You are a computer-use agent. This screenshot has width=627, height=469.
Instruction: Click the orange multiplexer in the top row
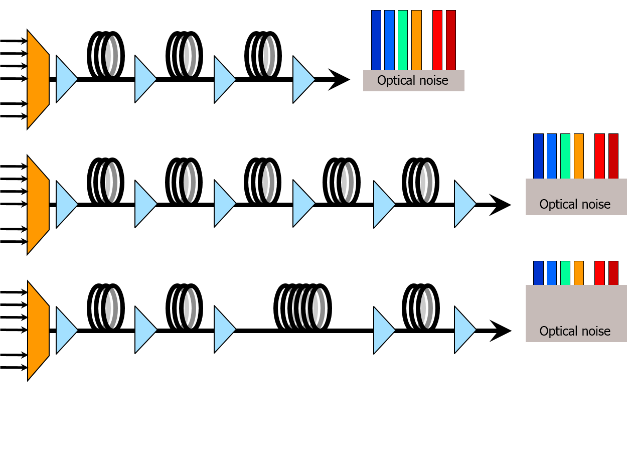tap(38, 79)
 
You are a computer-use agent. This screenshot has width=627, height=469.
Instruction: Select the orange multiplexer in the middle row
tap(38, 205)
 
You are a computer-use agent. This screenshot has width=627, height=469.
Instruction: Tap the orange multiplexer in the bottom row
tap(38, 331)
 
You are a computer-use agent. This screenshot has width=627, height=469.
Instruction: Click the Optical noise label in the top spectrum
tap(413, 81)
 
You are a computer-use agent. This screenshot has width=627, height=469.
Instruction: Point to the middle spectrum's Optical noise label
tap(575, 205)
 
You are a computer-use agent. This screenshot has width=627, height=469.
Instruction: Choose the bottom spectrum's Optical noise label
tap(575, 332)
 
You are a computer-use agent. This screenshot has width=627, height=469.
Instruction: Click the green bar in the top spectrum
tap(403, 40)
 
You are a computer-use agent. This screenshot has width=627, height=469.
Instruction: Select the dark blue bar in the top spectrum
tap(376, 40)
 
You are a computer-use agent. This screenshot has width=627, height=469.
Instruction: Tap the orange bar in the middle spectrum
tap(579, 156)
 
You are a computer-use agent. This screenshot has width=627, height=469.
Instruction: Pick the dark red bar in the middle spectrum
tap(613, 156)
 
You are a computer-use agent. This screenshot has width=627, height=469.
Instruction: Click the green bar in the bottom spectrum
tap(565, 273)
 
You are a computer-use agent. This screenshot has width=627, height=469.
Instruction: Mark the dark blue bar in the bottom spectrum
tap(538, 273)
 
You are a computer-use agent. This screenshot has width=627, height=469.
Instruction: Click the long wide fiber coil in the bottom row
tap(303, 308)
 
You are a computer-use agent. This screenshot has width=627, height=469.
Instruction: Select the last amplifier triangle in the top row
tap(303, 79)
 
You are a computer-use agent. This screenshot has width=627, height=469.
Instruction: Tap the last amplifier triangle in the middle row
tap(464, 204)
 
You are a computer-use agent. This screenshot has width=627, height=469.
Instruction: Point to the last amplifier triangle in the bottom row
tap(464, 330)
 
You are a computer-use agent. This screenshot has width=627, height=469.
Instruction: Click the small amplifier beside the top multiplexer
tap(66, 79)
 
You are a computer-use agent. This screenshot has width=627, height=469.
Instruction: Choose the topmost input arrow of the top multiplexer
tap(23, 41)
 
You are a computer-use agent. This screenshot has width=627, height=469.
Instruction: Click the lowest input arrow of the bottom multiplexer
tap(23, 368)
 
